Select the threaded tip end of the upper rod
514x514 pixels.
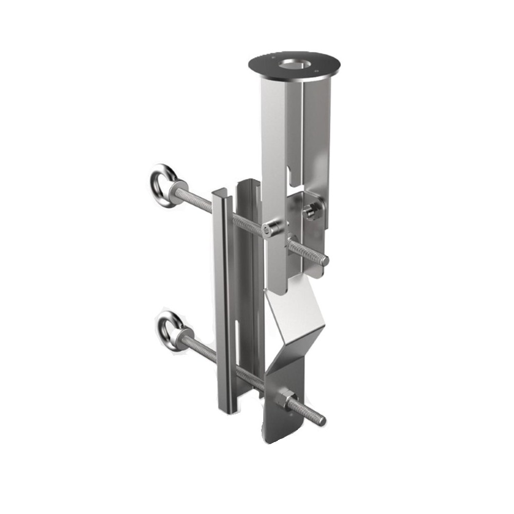[x=323, y=260]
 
